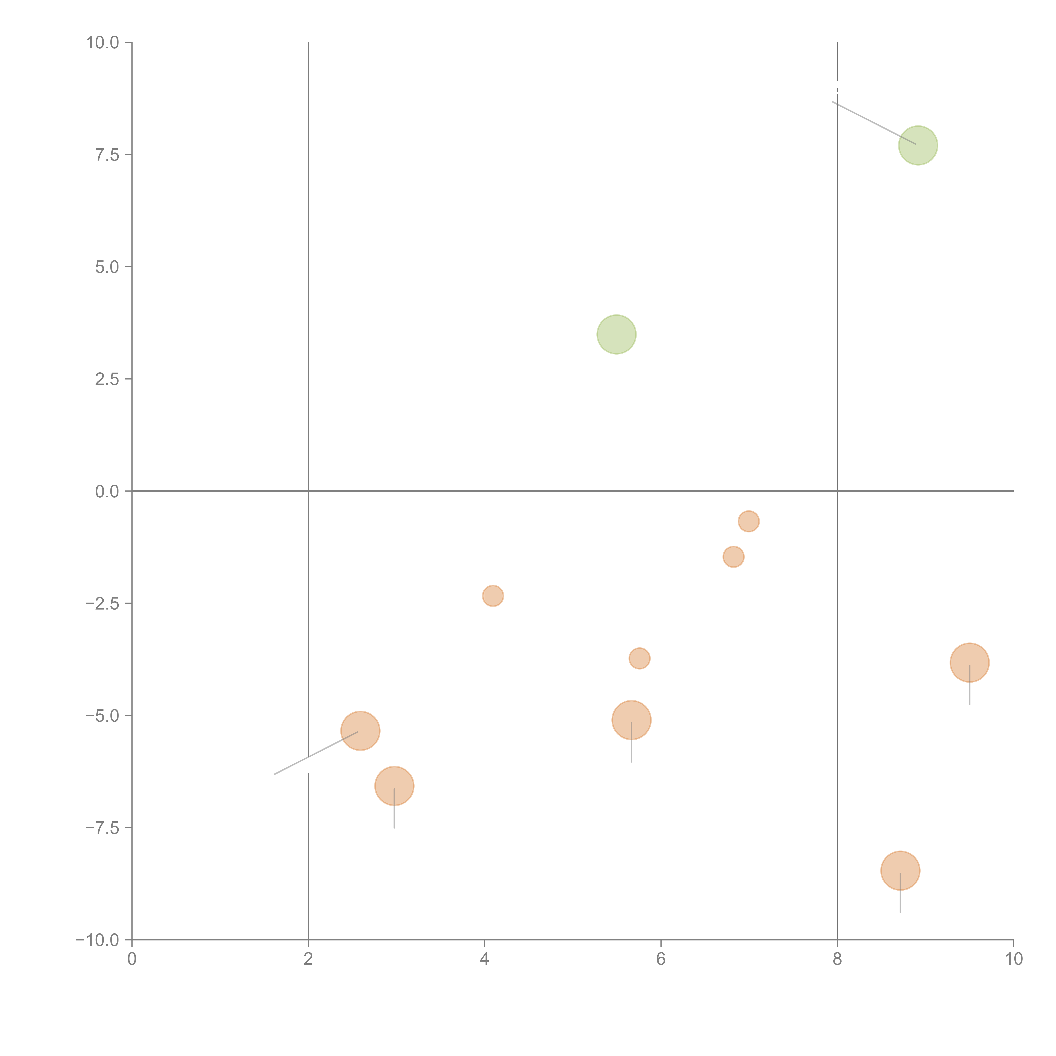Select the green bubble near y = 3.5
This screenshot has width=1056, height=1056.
coord(616,335)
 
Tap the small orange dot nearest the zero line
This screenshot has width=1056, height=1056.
coord(748,521)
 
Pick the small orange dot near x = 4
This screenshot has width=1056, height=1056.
coord(493,596)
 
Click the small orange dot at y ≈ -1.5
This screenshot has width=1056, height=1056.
coord(733,557)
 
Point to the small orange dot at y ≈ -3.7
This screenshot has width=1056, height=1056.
coord(639,659)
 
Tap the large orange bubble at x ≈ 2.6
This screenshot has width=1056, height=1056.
coord(360,731)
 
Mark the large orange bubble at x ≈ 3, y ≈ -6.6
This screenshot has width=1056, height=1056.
coord(394,786)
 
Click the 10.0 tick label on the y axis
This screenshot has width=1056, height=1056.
coord(103,43)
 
